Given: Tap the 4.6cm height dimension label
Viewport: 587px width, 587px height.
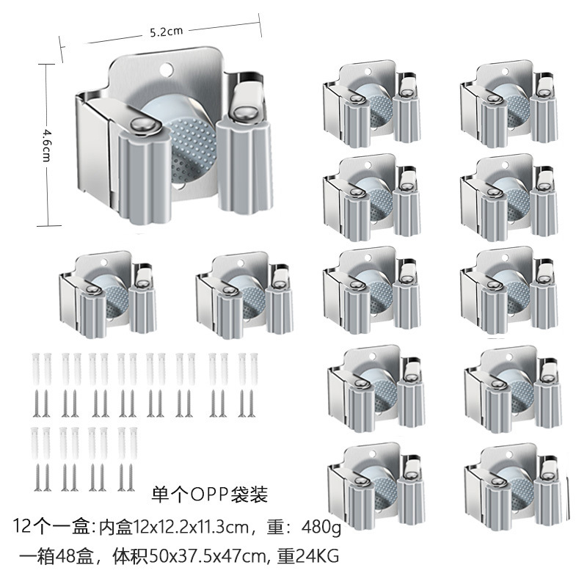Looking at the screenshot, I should click(47, 137).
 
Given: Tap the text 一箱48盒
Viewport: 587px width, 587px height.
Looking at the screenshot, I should click(54, 556).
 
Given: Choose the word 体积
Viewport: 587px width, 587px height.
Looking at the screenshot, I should click(131, 556).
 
